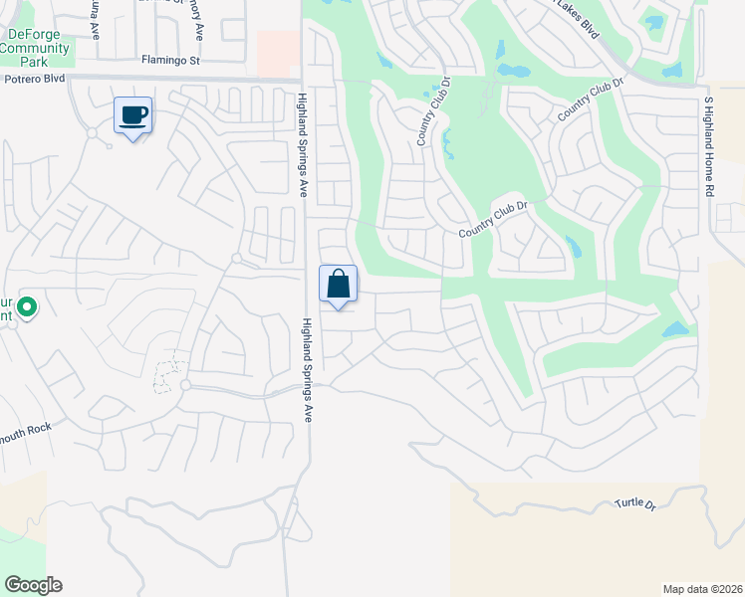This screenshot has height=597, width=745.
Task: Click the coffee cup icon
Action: point(133,115)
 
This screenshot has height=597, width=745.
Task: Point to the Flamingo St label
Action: point(170,61)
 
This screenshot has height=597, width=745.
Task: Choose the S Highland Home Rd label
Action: point(710,145)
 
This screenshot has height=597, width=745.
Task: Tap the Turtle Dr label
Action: point(635,504)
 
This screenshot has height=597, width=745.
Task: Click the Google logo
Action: point(33,585)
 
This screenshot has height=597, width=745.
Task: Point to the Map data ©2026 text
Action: point(702,588)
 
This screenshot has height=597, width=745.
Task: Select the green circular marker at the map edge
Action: point(27,309)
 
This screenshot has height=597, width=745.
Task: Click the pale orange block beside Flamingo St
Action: point(278,52)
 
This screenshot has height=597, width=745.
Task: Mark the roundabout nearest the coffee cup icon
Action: point(92,132)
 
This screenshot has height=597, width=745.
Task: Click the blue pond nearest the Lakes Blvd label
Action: point(653,22)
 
